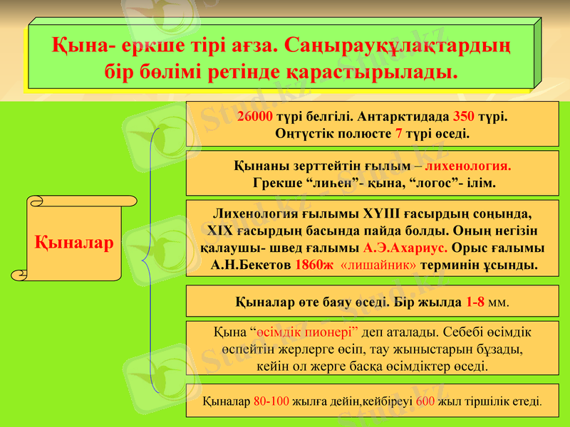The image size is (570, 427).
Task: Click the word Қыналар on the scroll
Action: point(74,243)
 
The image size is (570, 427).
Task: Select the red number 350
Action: point(464,116)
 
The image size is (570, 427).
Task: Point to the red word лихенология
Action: point(468,166)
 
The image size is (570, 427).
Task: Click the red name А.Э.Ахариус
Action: point(405,248)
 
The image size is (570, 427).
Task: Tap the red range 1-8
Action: point(476,301)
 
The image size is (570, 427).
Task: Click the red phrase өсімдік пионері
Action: point(308,332)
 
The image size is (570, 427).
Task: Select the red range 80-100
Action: point(271,401)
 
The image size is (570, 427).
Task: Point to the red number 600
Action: point(425,401)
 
